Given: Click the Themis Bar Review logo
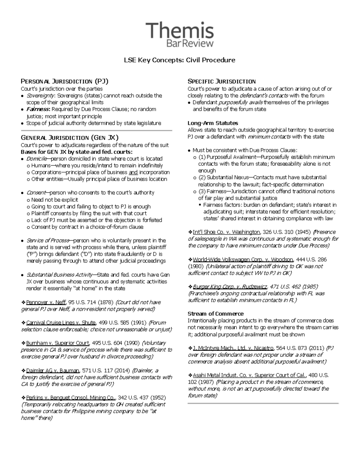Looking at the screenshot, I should [180, 35].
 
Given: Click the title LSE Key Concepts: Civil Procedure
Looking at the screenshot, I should [180, 60].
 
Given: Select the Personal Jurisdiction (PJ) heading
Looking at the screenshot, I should [64, 81].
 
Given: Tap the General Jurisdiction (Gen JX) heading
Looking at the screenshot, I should [70, 138].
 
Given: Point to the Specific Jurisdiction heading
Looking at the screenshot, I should [221, 81].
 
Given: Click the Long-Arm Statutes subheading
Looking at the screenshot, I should [213, 123].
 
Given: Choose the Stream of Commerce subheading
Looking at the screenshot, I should [215, 314].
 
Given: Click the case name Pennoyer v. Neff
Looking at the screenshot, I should [46, 302].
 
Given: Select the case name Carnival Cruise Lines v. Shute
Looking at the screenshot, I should [61, 323].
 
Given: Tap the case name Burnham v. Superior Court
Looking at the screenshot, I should [58, 343].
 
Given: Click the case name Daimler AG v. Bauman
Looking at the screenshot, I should [53, 370].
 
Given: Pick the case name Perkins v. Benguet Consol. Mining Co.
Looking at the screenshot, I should [71, 398].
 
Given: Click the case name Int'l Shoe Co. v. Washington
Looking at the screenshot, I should [226, 232].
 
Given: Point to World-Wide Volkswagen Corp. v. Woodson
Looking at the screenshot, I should [243, 259].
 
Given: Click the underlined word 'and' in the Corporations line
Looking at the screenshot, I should [133, 172].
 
